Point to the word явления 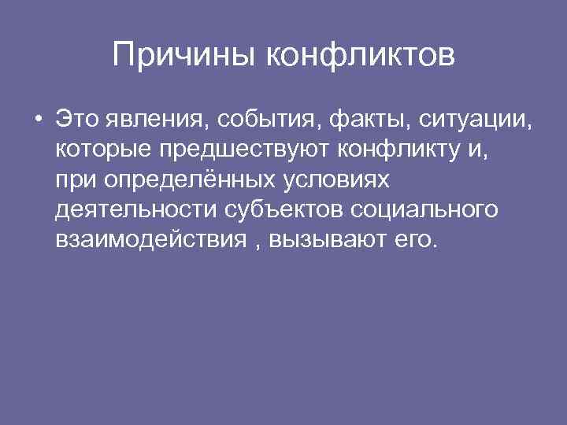pyautogui.click(x=153, y=120)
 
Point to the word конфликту pyautogui.click(x=406, y=150)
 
